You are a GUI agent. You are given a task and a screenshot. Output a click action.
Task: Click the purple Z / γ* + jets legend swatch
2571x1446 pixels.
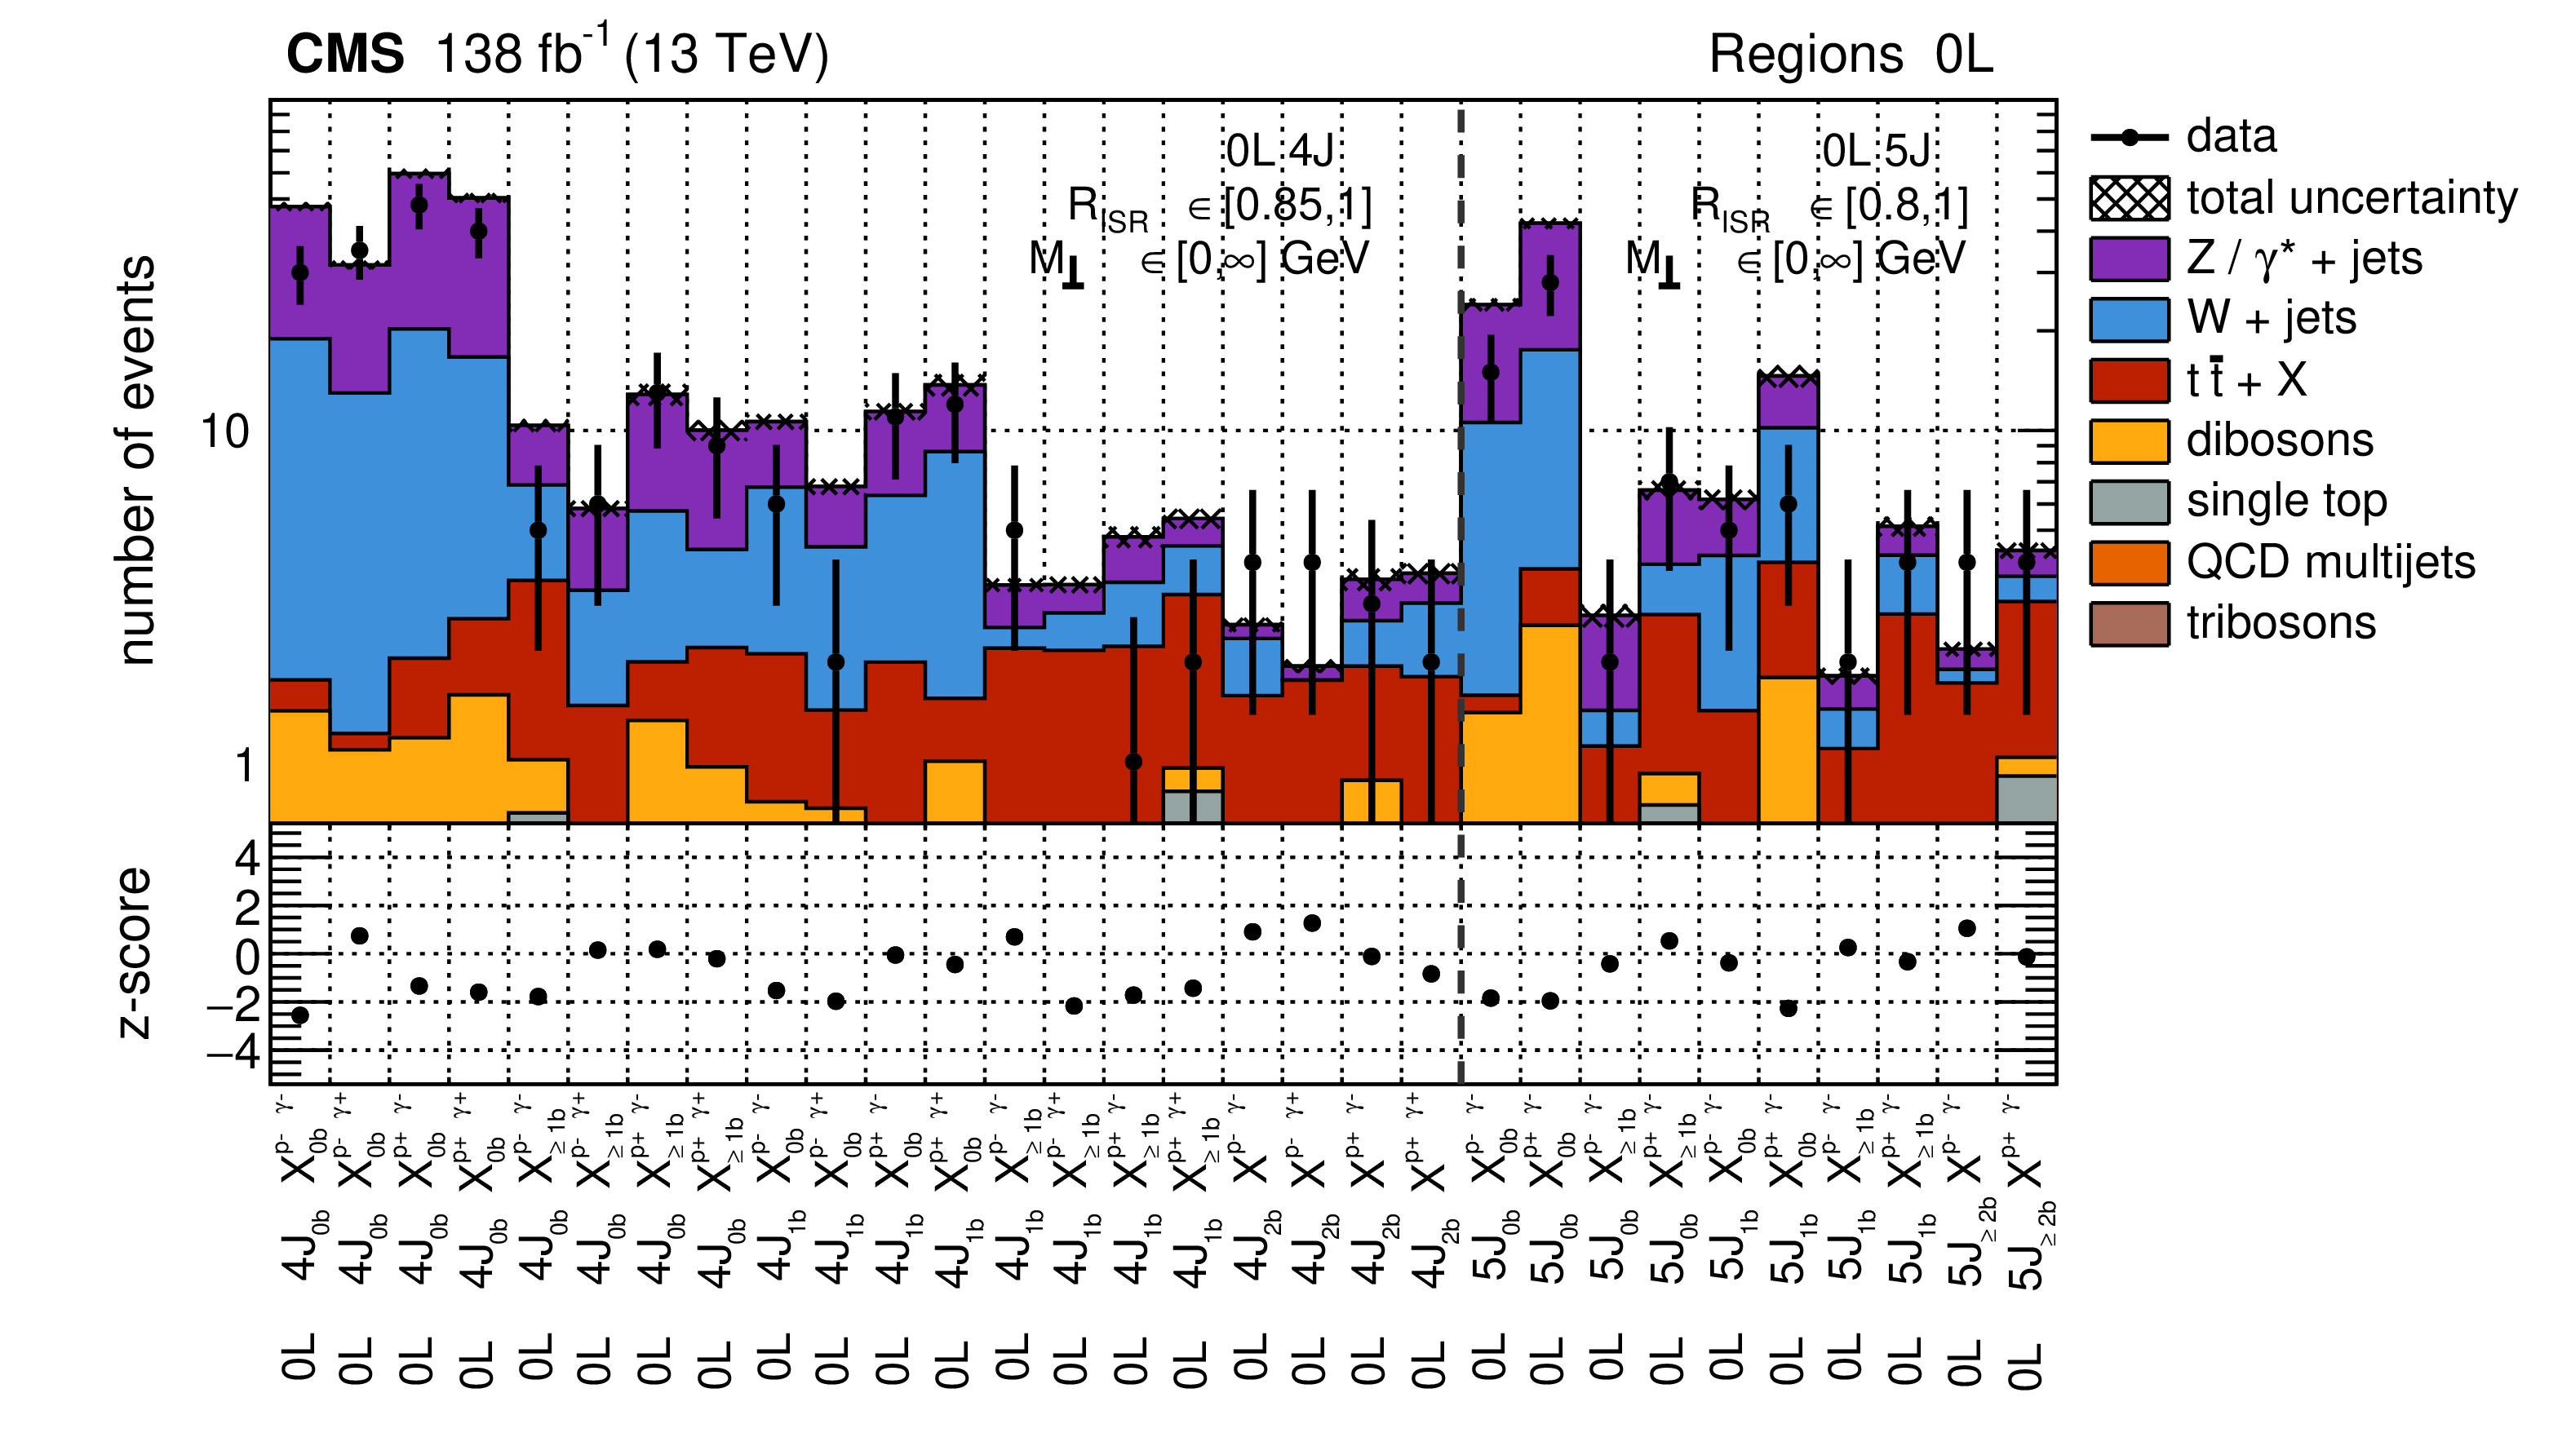point(2129,259)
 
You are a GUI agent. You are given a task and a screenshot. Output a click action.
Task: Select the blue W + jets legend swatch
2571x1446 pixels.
point(2129,321)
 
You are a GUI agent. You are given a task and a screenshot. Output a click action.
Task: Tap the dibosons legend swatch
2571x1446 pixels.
point(2129,441)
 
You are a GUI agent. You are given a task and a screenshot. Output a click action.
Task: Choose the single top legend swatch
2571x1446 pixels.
point(2129,502)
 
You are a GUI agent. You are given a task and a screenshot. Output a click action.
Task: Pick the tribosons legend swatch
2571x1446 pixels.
point(2129,624)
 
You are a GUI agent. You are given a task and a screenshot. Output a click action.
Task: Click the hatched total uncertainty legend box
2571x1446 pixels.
point(2129,198)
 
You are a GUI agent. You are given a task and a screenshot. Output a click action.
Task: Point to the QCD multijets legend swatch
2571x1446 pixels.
point(2129,563)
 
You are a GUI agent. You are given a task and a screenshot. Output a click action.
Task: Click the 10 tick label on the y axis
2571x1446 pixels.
point(225,432)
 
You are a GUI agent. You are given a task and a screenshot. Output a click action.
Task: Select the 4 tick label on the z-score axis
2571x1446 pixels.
point(247,857)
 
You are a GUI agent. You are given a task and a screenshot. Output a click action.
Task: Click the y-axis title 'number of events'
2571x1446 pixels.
point(137,460)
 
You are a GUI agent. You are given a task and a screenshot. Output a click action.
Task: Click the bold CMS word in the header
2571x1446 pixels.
point(345,54)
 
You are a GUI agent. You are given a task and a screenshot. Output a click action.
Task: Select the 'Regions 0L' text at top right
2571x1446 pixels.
point(1851,54)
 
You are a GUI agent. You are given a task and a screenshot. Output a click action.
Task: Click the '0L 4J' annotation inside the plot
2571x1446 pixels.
point(1279,152)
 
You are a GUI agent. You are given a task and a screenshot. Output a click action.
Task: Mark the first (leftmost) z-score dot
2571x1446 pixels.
point(299,1015)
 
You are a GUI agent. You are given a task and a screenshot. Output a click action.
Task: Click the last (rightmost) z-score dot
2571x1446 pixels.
point(2026,957)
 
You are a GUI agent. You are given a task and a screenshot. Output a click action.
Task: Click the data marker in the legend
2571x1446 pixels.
point(2129,138)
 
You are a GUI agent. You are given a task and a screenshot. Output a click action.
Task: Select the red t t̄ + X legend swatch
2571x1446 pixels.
point(2129,380)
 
